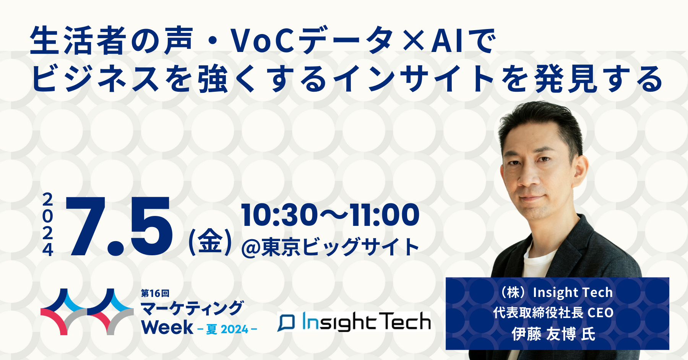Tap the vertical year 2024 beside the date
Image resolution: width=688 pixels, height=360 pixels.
click(x=48, y=224)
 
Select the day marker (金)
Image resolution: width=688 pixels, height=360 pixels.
click(x=210, y=242)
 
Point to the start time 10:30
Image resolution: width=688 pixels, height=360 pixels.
click(x=279, y=215)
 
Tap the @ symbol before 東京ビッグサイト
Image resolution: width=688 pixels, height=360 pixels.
click(x=251, y=247)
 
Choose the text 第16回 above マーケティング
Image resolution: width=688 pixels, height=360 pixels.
click(x=155, y=293)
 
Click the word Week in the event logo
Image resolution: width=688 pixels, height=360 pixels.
click(x=167, y=328)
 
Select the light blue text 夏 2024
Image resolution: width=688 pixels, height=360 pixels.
click(x=227, y=329)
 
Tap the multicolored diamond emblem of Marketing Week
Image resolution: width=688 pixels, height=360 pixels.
click(x=87, y=312)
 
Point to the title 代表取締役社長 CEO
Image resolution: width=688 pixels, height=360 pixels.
click(x=553, y=313)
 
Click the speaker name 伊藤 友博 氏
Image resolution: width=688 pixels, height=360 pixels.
click(x=553, y=334)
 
